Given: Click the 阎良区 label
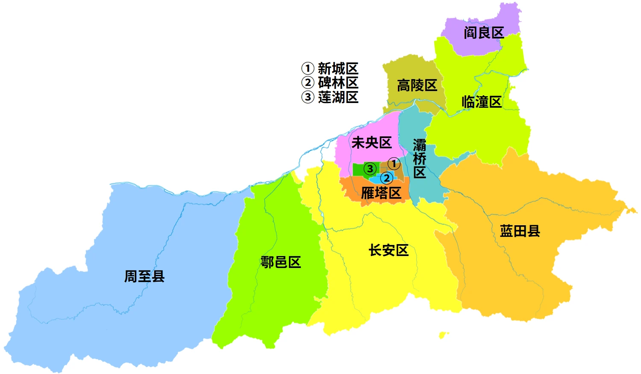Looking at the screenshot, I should point(484,33).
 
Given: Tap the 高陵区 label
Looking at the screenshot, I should point(417,85).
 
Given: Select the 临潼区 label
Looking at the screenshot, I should point(481,102).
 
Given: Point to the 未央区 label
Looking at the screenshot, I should point(371,143).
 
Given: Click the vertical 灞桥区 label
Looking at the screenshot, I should point(420,159).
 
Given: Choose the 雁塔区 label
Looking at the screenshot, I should point(381,193).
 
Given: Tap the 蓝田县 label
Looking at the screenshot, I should point(520,231).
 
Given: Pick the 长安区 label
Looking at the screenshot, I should point(388,250).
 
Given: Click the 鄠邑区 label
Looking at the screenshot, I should point(281,262).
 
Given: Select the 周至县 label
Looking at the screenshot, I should point(144,277).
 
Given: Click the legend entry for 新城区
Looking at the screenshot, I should point(330,68).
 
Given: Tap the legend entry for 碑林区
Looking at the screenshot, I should point(330,82).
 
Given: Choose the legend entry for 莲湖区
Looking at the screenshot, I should point(330,97).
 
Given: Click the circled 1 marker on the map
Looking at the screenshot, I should point(394,164).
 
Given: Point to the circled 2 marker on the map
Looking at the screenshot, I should point(386,178).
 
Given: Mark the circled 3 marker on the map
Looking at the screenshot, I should point(370,169).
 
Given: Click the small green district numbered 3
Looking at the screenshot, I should point(358,170).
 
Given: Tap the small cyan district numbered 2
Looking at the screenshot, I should point(376,180).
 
